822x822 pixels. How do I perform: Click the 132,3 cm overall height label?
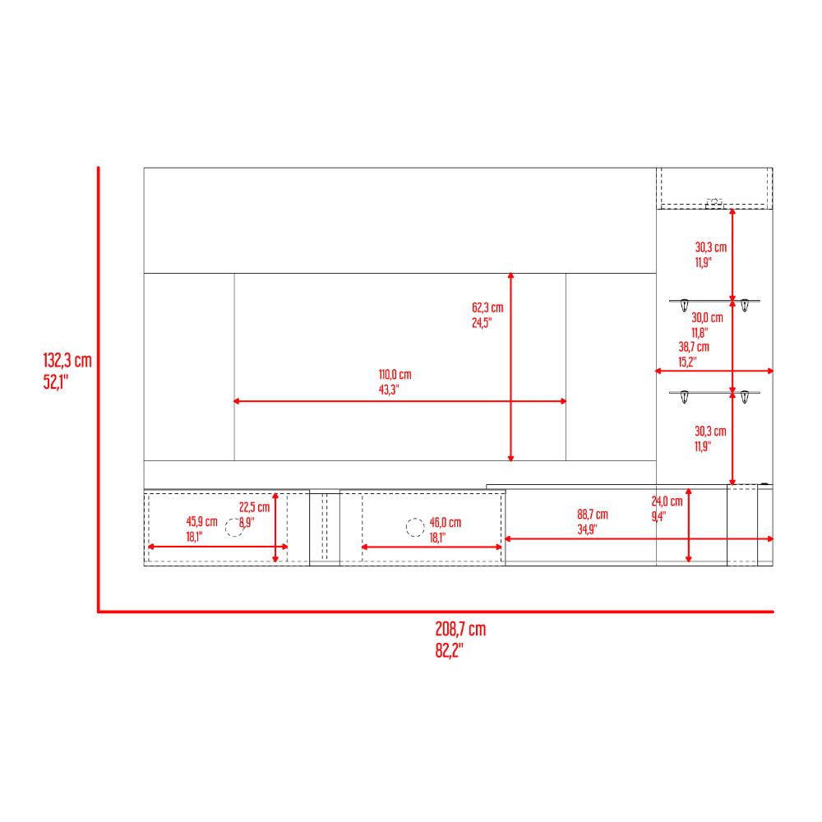pos(67,360)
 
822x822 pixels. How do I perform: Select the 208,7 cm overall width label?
pos(460,629)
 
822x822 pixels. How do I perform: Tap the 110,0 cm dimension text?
pos(395,374)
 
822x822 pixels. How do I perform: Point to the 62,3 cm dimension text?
pos(487,307)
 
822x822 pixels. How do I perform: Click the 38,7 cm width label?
pos(694,347)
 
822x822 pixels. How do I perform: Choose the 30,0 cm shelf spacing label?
pos(707,317)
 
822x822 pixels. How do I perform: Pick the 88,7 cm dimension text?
pos(593,515)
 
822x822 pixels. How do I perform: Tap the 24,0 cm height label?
pos(667,501)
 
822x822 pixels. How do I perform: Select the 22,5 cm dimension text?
pos(254,507)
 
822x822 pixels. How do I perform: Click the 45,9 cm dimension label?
pos(202,522)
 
